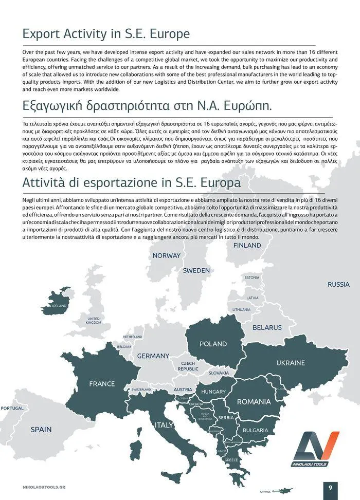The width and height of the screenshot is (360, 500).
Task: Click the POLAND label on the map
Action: pyautogui.click(x=213, y=344)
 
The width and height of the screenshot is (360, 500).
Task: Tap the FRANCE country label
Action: pyautogui.click(x=102, y=384)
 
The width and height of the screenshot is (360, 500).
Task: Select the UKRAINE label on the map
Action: pyautogui.click(x=291, y=363)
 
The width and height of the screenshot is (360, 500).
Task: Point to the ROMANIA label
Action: pyautogui.click(x=254, y=401)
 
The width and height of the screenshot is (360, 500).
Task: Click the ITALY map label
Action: pyautogui.click(x=164, y=425)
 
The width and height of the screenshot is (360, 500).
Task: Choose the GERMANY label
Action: pyautogui.click(x=153, y=356)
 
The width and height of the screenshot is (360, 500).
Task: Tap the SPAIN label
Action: pyautogui.click(x=41, y=429)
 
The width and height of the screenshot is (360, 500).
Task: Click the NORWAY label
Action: pyautogui.click(x=167, y=255)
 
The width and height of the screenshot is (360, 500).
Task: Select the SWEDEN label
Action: pyautogui.click(x=196, y=270)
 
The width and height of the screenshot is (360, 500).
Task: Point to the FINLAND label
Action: pyautogui.click(x=247, y=246)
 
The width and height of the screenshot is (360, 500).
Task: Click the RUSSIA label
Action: pyautogui.click(x=338, y=284)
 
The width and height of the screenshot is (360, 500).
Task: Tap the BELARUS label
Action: pyautogui.click(x=267, y=327)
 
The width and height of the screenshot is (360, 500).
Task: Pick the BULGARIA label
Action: pyautogui.click(x=255, y=430)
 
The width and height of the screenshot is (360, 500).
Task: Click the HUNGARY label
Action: pyautogui.click(x=213, y=392)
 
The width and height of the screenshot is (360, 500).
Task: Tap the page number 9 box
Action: pyautogui.click(x=330, y=487)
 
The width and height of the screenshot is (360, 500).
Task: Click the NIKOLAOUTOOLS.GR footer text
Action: pyautogui.click(x=44, y=486)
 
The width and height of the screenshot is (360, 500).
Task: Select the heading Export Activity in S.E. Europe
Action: pyautogui.click(x=106, y=34)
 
